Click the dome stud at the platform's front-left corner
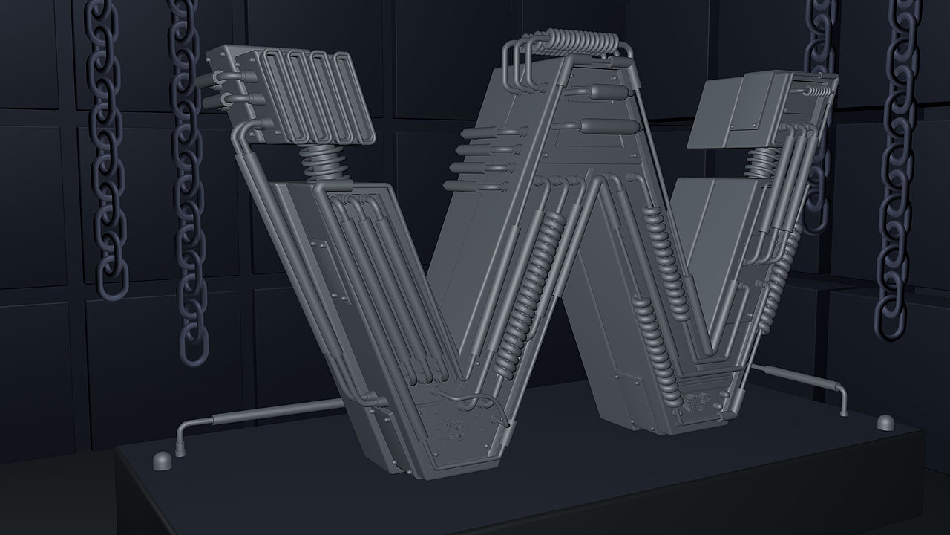162,461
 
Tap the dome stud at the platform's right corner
886,423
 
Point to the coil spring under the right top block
762,163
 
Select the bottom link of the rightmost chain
890,319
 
